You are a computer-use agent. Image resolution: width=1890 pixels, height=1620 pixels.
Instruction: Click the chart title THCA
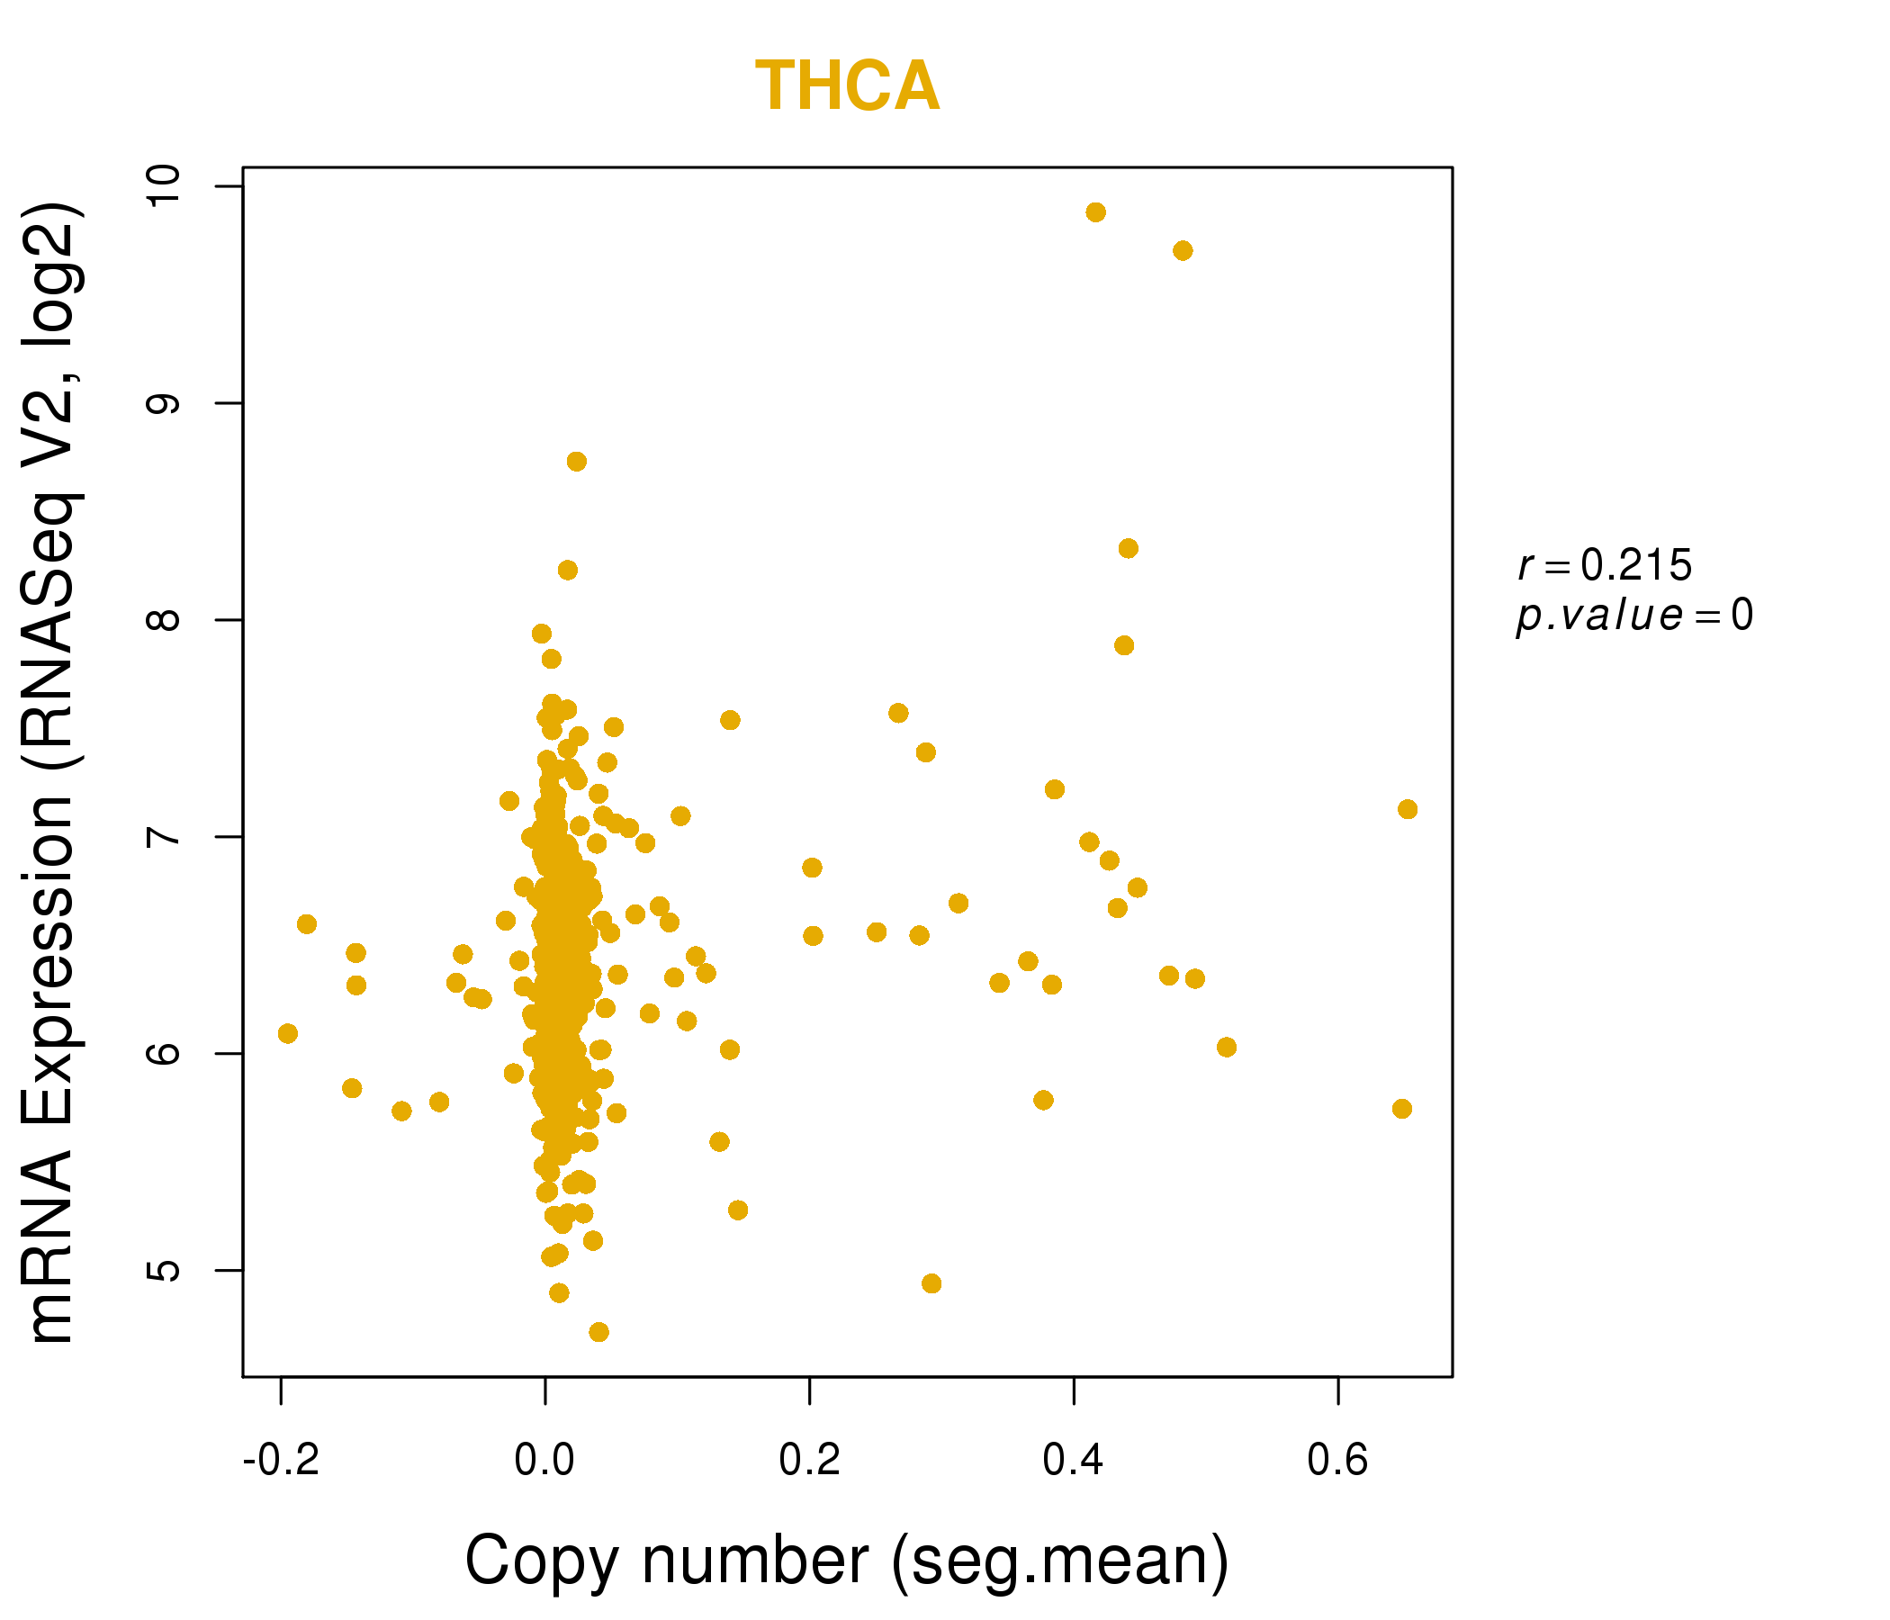[x=847, y=86]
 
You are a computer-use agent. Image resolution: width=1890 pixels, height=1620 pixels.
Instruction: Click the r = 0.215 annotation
[x=1605, y=566]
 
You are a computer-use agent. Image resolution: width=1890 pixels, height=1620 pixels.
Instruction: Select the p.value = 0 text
[x=1633, y=616]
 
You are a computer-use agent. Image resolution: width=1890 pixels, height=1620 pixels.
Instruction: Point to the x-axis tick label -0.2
[x=281, y=1461]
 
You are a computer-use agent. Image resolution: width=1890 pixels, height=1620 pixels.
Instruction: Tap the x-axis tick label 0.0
[x=544, y=1461]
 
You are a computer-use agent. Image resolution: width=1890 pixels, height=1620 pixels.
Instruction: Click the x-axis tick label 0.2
[x=809, y=1461]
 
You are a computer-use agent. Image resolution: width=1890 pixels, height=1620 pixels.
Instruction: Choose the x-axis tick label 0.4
[x=1073, y=1461]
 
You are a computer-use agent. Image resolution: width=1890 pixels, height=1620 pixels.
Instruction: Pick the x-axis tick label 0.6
[x=1337, y=1461]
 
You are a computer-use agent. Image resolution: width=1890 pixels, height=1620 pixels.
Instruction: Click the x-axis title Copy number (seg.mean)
[x=847, y=1561]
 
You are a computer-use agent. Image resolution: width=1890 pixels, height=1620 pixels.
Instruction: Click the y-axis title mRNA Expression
[x=53, y=773]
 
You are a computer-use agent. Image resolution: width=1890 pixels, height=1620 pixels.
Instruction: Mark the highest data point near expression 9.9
[x=1095, y=212]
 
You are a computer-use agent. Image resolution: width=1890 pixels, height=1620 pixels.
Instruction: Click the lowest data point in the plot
[x=598, y=1332]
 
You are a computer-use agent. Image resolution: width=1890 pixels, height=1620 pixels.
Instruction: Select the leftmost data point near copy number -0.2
[x=287, y=1033]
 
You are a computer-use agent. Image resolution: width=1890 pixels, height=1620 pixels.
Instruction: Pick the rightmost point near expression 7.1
[x=1407, y=809]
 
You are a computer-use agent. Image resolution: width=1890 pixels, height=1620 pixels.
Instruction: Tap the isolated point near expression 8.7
[x=577, y=462]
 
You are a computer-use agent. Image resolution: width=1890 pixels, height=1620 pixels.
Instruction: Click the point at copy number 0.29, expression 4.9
[x=931, y=1283]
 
